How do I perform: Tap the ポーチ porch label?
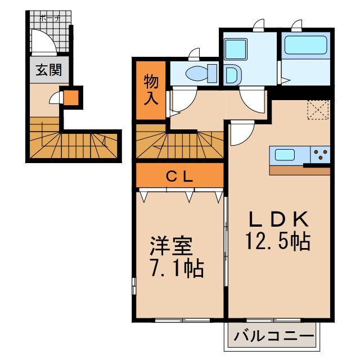click(x=49, y=17)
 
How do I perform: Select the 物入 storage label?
click(x=151, y=90)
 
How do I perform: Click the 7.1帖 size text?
click(x=176, y=268)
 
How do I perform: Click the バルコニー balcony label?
click(x=274, y=337)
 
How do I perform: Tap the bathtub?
click(x=305, y=45)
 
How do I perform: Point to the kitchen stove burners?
click(x=321, y=155)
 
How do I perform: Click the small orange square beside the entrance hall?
click(x=71, y=98)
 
